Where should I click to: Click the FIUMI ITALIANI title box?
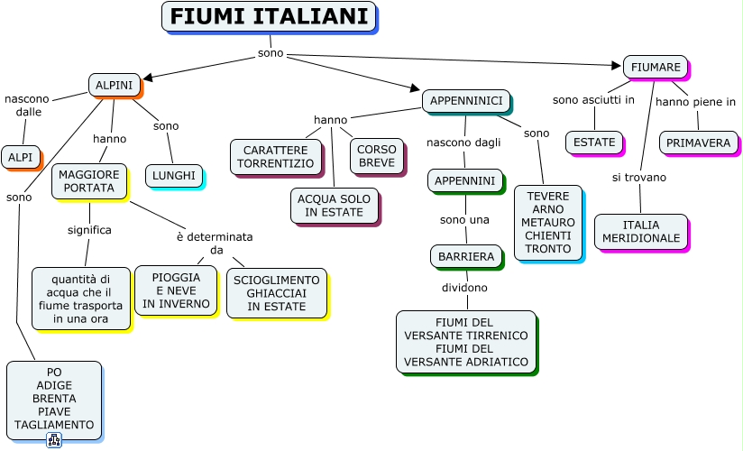[x=269, y=16]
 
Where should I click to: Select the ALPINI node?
[x=115, y=85]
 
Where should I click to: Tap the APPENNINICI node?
[x=466, y=100]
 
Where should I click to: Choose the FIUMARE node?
[x=656, y=67]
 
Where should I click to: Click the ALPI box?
[x=21, y=157]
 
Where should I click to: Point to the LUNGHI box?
[x=174, y=176]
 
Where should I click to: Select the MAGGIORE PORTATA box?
[x=89, y=181]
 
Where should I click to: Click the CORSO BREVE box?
[x=377, y=156]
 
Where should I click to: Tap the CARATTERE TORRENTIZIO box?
[x=276, y=157]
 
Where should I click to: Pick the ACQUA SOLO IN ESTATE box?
[x=334, y=206]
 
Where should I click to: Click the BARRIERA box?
[x=466, y=256]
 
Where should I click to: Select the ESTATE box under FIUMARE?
[x=594, y=143]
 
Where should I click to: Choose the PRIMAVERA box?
[x=699, y=143]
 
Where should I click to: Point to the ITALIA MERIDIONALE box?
[x=641, y=232]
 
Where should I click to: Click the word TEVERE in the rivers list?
[x=548, y=196]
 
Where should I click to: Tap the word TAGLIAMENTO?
[x=54, y=425]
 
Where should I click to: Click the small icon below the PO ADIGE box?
[x=54, y=440]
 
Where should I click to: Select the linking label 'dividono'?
[x=464, y=288]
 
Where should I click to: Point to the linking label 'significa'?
[x=89, y=230]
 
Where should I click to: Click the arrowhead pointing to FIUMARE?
[x=616, y=66]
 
